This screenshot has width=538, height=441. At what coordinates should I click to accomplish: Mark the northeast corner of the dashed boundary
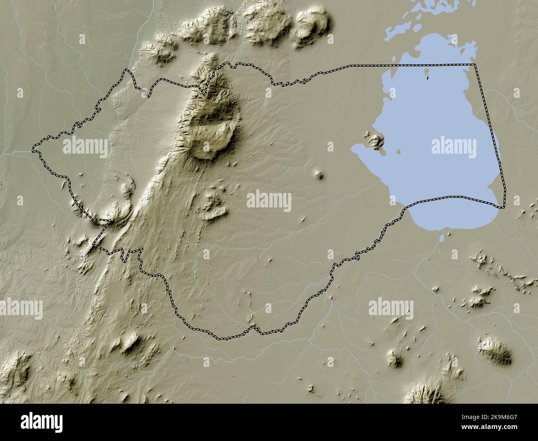(x=474, y=65)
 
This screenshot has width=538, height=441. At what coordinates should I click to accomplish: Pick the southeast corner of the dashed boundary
(x=504, y=207)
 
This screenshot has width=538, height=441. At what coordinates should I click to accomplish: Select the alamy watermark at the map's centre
(x=269, y=202)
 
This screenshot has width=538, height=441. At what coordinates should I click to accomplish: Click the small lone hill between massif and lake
(x=319, y=174)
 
